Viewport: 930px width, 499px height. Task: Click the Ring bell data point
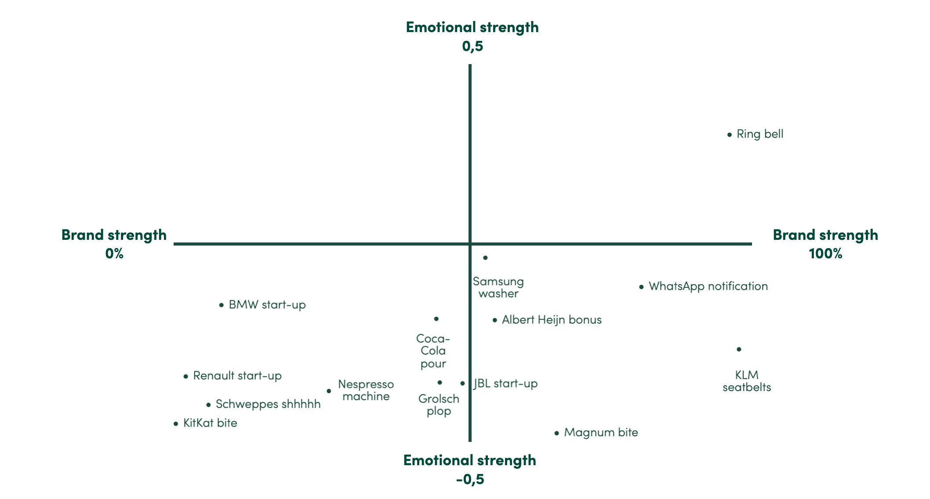tap(730, 135)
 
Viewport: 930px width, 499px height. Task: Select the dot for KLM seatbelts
tap(739, 350)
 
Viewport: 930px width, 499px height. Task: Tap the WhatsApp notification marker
tap(641, 287)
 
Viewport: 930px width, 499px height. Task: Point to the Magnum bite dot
tap(556, 434)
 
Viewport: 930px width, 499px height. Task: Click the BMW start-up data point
tap(222, 305)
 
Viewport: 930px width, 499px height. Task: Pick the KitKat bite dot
tap(176, 424)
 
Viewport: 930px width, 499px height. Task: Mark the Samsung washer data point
tap(485, 258)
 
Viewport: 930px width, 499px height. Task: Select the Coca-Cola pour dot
tap(436, 319)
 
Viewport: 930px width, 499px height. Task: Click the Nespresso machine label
tap(366, 390)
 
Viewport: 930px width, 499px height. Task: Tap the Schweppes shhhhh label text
tap(268, 404)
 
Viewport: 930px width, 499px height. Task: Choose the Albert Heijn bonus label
tap(552, 320)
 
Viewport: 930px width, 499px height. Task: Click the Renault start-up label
tap(237, 376)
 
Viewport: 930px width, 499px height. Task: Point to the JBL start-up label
tap(505, 383)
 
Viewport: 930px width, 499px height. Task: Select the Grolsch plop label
tap(439, 405)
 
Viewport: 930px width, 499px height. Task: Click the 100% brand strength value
tap(825, 253)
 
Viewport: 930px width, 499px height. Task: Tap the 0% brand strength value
tap(114, 253)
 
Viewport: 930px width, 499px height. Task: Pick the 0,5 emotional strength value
tap(472, 46)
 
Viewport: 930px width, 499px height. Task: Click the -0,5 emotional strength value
tap(470, 479)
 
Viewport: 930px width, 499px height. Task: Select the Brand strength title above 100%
tap(825, 235)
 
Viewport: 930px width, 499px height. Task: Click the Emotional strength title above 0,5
tap(472, 27)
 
